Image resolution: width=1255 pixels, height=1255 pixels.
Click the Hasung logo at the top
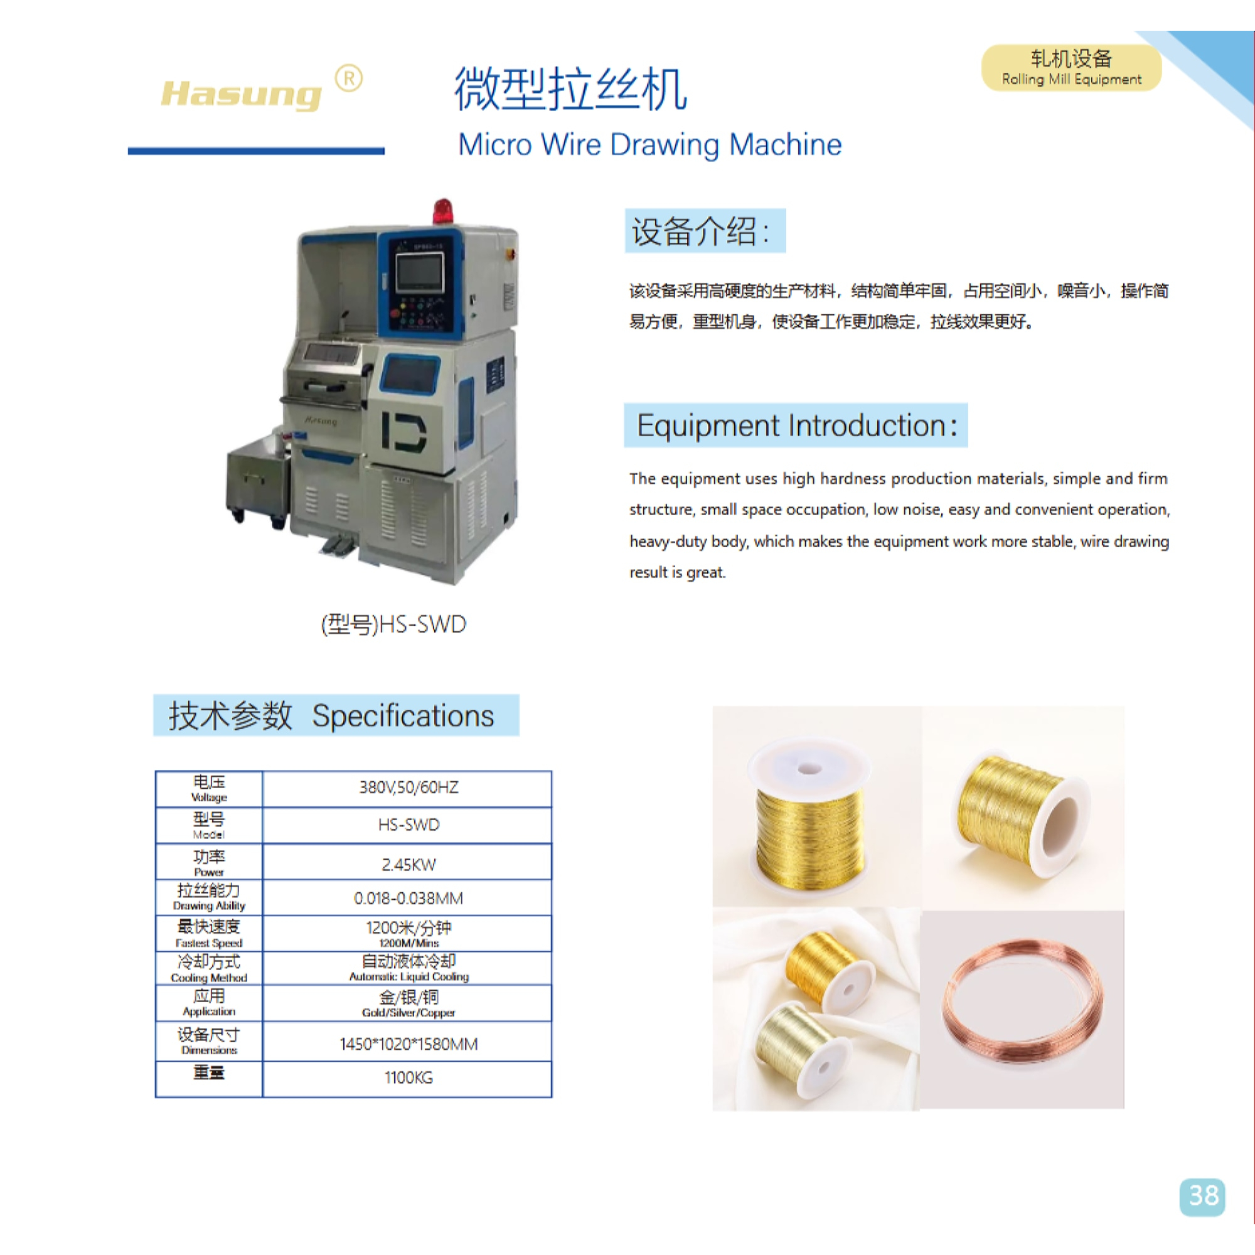pos(241,95)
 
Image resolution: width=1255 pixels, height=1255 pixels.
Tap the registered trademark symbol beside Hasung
pos(349,78)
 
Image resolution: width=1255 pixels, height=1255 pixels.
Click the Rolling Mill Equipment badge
pos(1071,68)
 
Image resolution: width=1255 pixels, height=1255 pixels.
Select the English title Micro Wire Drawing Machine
pos(649,144)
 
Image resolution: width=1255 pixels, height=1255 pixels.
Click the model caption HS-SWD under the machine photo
pos(393,624)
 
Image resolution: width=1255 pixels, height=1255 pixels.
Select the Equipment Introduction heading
pos(796,425)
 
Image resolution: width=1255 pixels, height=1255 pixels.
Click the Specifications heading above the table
pos(336,715)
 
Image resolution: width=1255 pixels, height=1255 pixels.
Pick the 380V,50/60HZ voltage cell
pos(408,789)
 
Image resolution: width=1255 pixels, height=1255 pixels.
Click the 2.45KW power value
pos(408,865)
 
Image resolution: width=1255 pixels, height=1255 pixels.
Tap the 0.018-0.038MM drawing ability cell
pos(408,899)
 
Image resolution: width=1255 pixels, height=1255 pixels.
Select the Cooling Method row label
pos(208,968)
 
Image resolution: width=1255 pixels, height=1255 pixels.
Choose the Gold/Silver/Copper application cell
pos(408,1003)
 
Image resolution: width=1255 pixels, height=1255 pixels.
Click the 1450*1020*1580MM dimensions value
pos(408,1044)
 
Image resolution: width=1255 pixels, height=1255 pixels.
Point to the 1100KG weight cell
pos(408,1078)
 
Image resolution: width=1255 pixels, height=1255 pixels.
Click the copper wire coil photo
pos(1022,1010)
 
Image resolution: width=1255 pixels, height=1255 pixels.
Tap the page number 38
pos(1202,1196)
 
